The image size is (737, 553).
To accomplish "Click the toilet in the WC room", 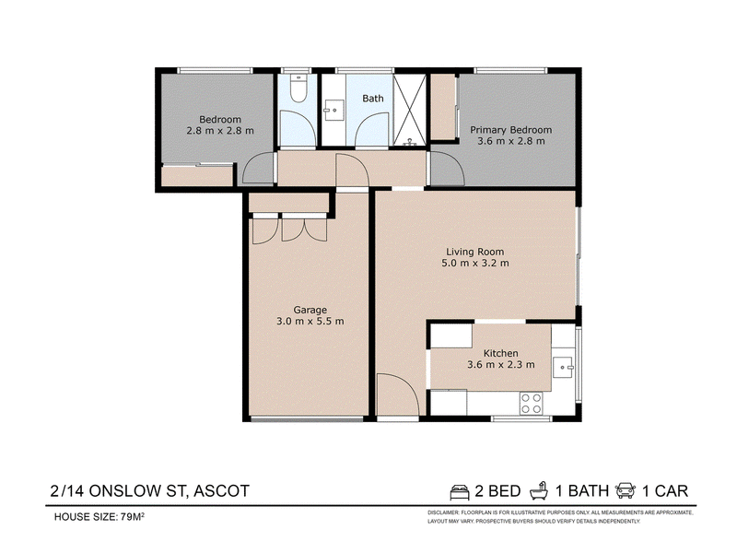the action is pyautogui.click(x=298, y=88).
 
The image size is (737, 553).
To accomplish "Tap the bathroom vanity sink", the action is pyautogui.click(x=333, y=111).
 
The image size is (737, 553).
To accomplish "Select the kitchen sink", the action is pyautogui.click(x=563, y=367).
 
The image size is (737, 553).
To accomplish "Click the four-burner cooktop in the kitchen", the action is pyautogui.click(x=532, y=404).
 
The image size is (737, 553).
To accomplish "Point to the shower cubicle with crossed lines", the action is pyautogui.click(x=410, y=110).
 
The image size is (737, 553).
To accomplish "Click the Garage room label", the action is pyautogui.click(x=310, y=310).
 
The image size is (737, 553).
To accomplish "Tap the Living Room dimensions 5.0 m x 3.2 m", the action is pyautogui.click(x=474, y=263).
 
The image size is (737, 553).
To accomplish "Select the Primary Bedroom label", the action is pyautogui.click(x=511, y=130).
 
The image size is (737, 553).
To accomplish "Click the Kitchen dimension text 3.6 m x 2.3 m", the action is pyautogui.click(x=500, y=364).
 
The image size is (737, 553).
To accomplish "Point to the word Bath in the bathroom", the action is pyautogui.click(x=373, y=99).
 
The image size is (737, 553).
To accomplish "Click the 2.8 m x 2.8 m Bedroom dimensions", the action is pyautogui.click(x=220, y=131).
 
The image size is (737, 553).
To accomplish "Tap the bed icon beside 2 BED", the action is pyautogui.click(x=460, y=491).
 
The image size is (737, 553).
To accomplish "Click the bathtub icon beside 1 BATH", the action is pyautogui.click(x=539, y=490).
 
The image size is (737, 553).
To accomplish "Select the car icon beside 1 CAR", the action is pyautogui.click(x=626, y=490).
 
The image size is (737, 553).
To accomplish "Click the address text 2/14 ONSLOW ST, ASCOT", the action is pyautogui.click(x=149, y=491).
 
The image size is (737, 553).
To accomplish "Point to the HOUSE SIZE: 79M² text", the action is pyautogui.click(x=99, y=517).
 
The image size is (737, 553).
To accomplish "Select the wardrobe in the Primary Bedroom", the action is pyautogui.click(x=443, y=107).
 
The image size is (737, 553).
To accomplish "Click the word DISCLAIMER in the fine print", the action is pyautogui.click(x=443, y=512).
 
